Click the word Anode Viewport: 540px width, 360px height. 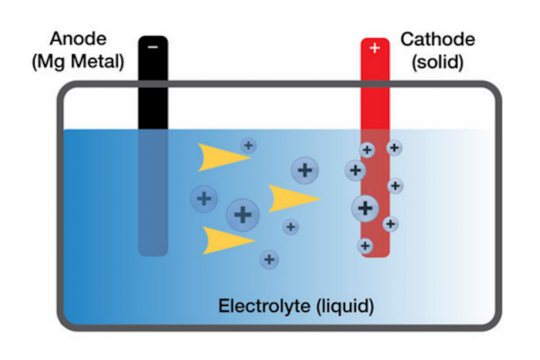[78, 39]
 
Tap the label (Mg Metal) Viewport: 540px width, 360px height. [78, 62]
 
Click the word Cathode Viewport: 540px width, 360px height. [437, 39]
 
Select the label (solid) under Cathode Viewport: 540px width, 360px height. [437, 62]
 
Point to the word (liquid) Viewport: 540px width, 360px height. [345, 306]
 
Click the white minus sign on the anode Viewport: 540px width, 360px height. [153, 47]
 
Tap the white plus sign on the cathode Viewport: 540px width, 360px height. [375, 48]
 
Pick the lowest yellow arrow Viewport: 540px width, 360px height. [228, 241]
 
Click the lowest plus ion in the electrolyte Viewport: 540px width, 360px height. [269, 260]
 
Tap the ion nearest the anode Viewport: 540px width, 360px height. [204, 199]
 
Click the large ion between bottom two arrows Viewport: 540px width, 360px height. [243, 215]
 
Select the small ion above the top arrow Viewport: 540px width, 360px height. [248, 146]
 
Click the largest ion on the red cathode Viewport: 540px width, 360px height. [366, 208]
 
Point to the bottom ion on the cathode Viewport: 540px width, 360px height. [365, 246]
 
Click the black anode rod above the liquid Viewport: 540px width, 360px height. [153, 82]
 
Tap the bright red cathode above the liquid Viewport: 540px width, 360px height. [375, 83]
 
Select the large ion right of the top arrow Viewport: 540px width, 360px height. [305, 170]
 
